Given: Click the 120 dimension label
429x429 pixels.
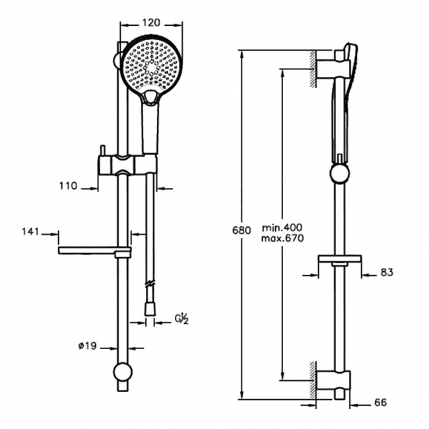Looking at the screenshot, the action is pos(151,22).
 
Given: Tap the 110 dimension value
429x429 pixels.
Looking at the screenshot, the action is pos(69,186).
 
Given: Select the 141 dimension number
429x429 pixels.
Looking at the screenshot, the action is pos(30,232).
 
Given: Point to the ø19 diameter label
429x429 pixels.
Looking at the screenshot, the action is pos(88,346).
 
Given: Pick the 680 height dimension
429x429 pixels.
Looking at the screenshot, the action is pos(242,230).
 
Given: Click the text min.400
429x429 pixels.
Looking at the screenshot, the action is pos(282,227).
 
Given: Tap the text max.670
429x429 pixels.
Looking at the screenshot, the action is pos(282,238).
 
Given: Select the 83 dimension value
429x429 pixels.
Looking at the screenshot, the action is pos(387,272).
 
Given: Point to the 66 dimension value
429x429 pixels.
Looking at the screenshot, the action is pos(380,403).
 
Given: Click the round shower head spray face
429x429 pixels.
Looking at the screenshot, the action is pos(150,65).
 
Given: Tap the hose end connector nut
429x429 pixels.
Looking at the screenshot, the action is pos(149,309).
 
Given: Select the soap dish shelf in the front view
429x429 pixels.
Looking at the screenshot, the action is pos(94,250).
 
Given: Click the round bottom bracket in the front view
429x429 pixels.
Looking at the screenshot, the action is pos(123,372).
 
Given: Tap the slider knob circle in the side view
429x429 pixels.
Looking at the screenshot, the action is pos(340,174).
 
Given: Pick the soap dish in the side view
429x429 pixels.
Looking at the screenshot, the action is pos(339,259).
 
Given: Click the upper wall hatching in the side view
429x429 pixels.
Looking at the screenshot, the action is pos(313,69).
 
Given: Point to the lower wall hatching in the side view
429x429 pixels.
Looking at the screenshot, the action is pos(313,380).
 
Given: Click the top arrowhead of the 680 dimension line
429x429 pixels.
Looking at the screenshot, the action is pos(242,54).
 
